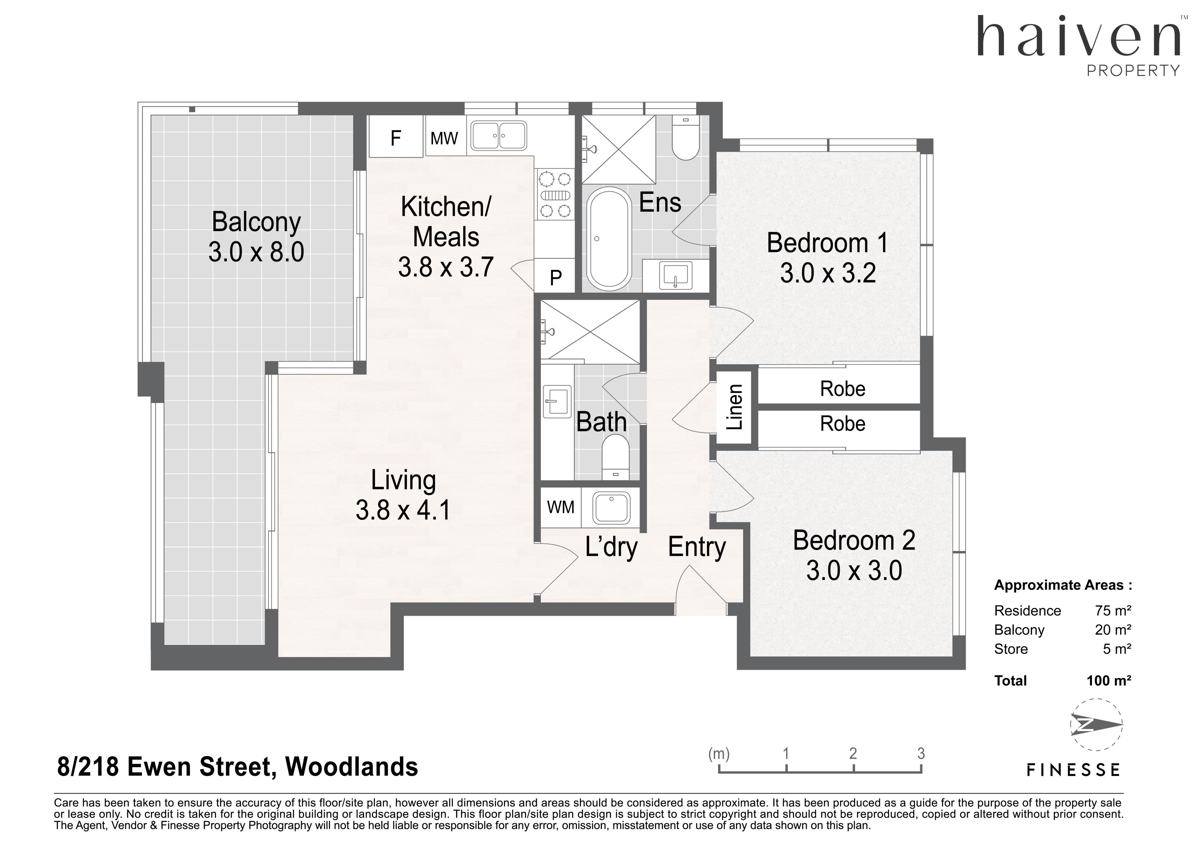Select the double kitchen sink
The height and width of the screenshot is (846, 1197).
click(498, 136)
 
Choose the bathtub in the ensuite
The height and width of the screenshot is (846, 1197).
click(609, 239)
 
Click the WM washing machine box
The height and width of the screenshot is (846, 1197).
click(560, 507)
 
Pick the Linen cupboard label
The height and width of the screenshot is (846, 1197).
click(735, 407)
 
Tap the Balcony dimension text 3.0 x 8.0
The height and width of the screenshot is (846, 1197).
click(256, 252)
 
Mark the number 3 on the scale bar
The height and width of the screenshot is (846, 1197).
click(921, 753)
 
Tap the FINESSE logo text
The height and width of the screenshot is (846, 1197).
click(1073, 770)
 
